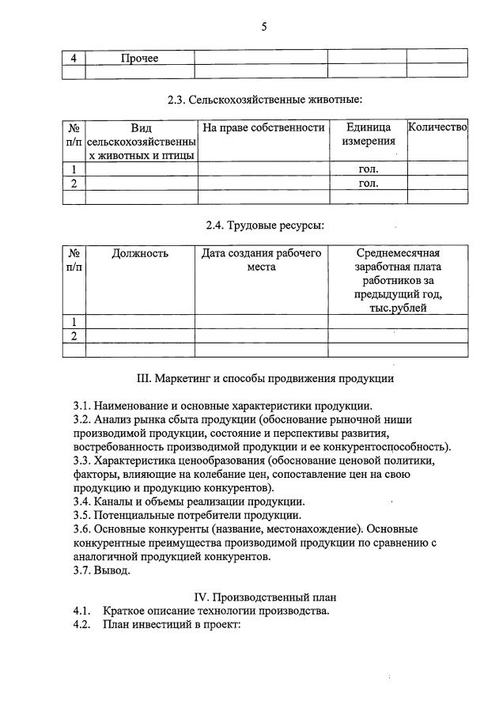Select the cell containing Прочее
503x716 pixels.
(x=139, y=58)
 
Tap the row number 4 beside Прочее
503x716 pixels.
(x=74, y=58)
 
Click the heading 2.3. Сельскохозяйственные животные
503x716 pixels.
(x=264, y=100)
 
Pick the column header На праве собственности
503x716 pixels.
(x=263, y=127)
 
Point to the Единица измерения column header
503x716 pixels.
(x=368, y=134)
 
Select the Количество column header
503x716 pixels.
(x=437, y=127)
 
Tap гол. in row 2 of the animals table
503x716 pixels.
(x=368, y=183)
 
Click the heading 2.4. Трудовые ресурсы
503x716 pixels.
(x=264, y=225)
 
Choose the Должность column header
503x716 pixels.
(x=140, y=254)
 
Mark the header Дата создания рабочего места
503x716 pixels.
(x=261, y=260)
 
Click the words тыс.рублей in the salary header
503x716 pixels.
(x=397, y=308)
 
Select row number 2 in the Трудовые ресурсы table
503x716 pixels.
(x=74, y=335)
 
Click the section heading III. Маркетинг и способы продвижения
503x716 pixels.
(x=264, y=378)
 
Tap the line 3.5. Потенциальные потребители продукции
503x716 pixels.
(x=187, y=514)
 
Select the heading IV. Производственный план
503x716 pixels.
(x=264, y=597)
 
